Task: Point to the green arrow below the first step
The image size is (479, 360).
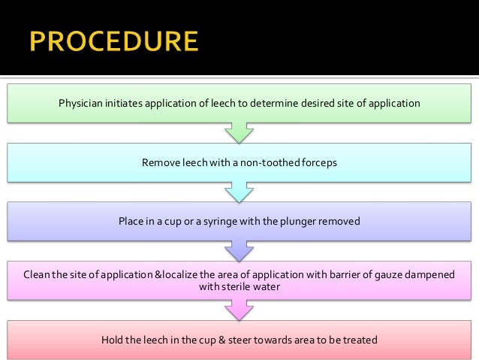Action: (239, 133)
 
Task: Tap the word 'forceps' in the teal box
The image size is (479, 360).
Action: (320, 162)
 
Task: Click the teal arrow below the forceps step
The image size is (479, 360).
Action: (239, 192)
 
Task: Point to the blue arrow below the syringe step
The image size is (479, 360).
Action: (239, 251)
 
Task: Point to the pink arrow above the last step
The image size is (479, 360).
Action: (239, 310)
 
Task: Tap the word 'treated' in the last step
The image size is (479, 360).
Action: (360, 340)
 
